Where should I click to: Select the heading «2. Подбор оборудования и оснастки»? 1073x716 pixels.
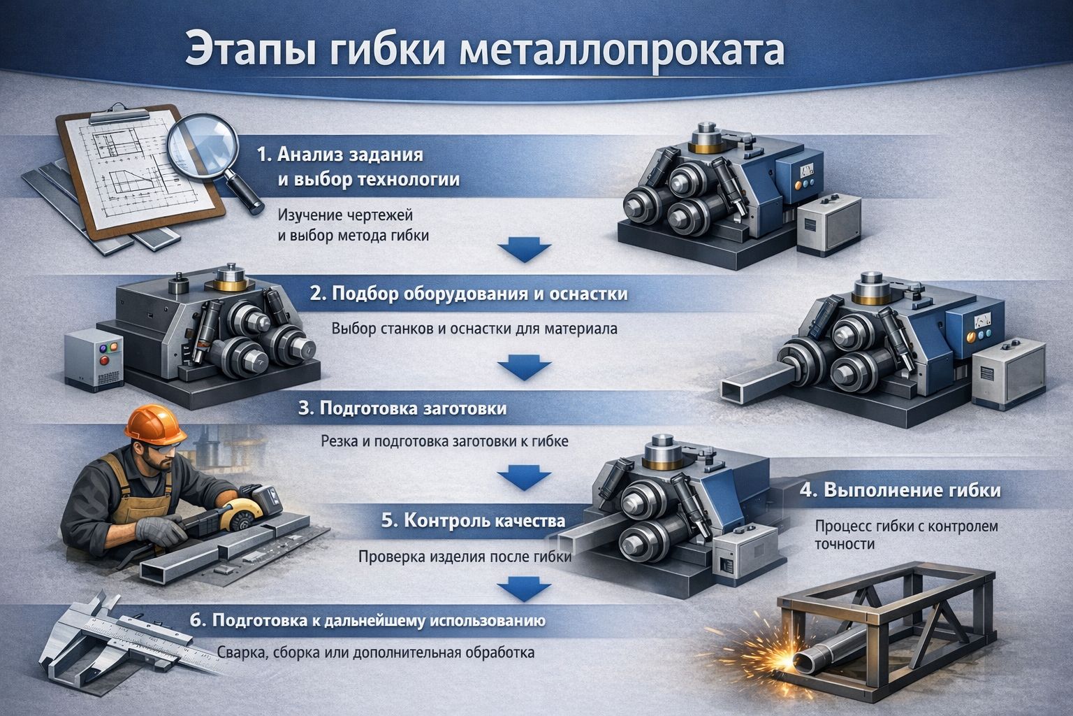coord(468,294)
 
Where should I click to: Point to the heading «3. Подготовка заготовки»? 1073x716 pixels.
coord(402,408)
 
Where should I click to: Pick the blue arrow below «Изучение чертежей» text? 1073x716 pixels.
coord(523,250)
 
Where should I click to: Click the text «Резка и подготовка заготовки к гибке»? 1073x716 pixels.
coord(444,442)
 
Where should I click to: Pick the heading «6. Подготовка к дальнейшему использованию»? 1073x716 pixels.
coord(368,620)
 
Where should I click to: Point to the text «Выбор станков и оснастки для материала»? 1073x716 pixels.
coord(474,329)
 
